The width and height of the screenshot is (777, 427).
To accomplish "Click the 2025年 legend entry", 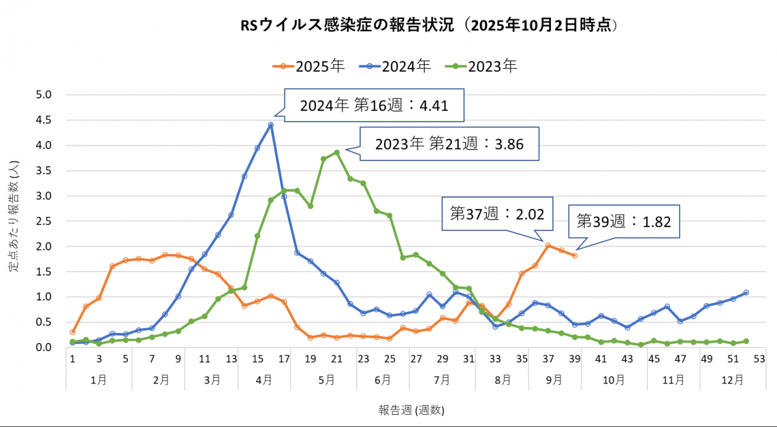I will [308, 65].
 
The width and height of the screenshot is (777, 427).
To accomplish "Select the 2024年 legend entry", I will [396, 65].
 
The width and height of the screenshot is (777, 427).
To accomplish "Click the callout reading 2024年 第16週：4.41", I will [374, 105].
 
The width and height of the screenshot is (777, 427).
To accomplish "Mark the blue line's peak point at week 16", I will [271, 124].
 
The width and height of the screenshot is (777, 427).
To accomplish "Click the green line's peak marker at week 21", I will [337, 152].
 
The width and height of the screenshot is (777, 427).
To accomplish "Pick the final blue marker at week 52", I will [747, 292].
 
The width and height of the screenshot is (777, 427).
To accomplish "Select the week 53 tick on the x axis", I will [760, 358].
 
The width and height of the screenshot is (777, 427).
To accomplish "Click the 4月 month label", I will [264, 380].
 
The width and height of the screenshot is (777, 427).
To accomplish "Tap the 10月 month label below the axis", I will [614, 380].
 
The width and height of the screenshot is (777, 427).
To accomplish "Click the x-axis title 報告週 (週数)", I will [412, 410].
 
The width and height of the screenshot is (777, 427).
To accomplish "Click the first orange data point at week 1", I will [73, 332].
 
